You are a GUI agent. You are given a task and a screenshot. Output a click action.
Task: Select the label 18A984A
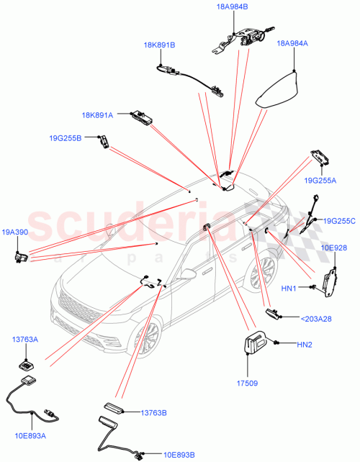click(x=293, y=43)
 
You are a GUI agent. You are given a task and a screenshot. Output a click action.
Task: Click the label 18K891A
click(x=97, y=114)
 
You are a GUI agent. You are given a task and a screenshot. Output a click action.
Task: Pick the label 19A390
click(x=14, y=232)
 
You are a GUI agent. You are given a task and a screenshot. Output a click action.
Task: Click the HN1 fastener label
click(x=289, y=289)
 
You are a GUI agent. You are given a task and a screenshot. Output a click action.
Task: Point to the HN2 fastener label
click(x=306, y=344)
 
